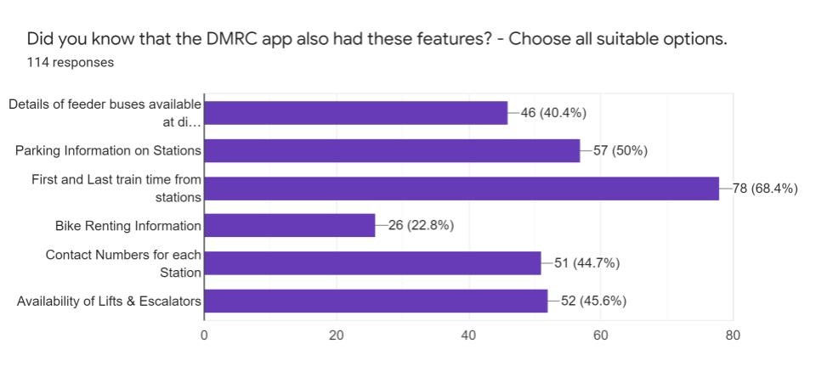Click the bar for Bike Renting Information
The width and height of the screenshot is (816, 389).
290,225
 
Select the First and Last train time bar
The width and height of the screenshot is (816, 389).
462,189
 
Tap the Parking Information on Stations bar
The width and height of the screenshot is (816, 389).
392,150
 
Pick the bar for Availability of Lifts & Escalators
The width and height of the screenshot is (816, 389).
376,301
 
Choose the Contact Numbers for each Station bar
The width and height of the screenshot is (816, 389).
372,263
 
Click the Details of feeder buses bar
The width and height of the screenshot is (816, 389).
356,113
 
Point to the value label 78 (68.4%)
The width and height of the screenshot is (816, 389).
765,189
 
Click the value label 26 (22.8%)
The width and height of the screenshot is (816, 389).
421,225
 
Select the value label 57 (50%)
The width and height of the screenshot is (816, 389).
620,150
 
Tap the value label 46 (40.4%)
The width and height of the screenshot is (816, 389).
553,113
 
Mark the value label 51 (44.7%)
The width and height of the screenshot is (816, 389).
586,263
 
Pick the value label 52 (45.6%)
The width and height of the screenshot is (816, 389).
593,301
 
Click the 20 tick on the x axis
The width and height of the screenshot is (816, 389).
337,335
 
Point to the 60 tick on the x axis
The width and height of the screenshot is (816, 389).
601,335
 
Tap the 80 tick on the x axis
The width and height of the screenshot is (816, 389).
733,335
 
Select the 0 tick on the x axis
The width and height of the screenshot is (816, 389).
204,335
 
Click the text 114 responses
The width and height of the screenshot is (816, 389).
70,62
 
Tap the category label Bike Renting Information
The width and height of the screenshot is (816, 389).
128,226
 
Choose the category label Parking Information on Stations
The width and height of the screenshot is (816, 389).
108,151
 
